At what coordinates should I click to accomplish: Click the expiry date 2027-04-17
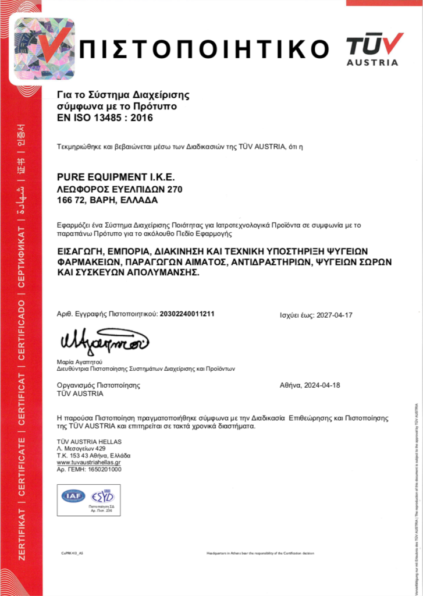tap(334, 315)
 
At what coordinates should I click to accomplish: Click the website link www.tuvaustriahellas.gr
tap(93, 462)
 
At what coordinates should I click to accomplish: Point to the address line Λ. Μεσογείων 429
tap(81, 448)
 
